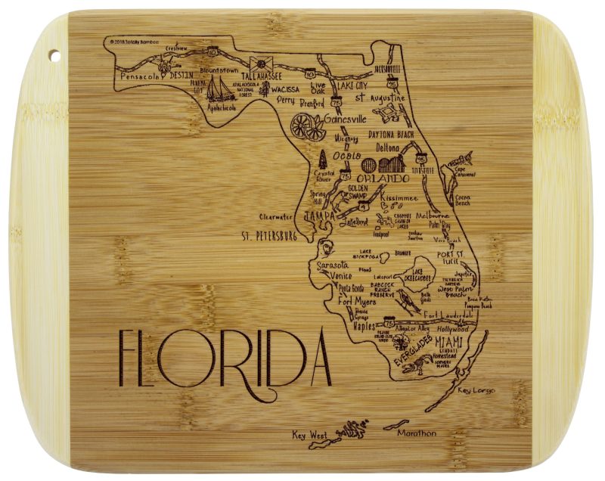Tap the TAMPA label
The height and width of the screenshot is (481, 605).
[319, 216]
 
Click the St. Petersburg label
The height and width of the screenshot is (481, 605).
[268, 236]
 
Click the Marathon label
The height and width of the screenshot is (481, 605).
[418, 433]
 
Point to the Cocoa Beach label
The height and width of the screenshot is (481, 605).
[463, 200]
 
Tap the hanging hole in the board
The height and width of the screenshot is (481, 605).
[55, 54]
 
